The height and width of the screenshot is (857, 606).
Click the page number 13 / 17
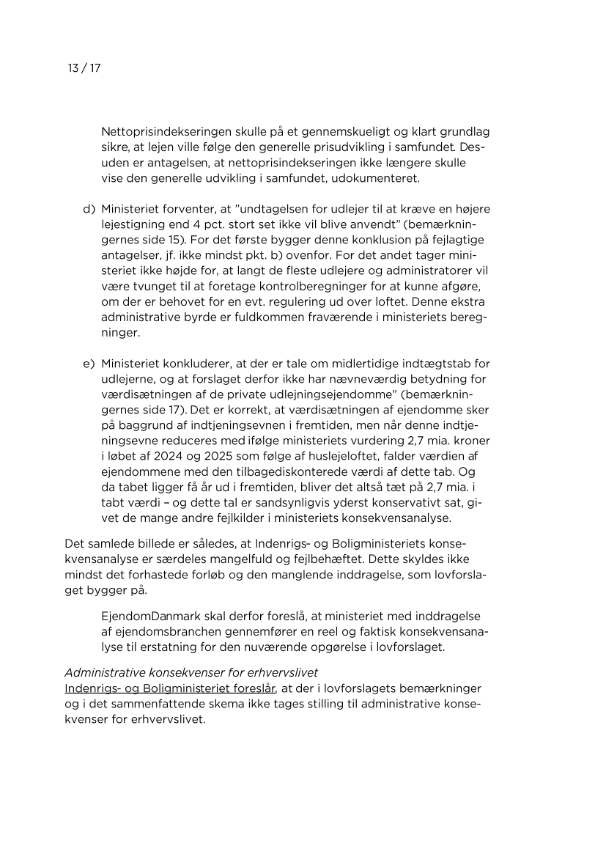[x=83, y=69]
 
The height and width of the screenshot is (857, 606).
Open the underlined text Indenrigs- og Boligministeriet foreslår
[x=169, y=689]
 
